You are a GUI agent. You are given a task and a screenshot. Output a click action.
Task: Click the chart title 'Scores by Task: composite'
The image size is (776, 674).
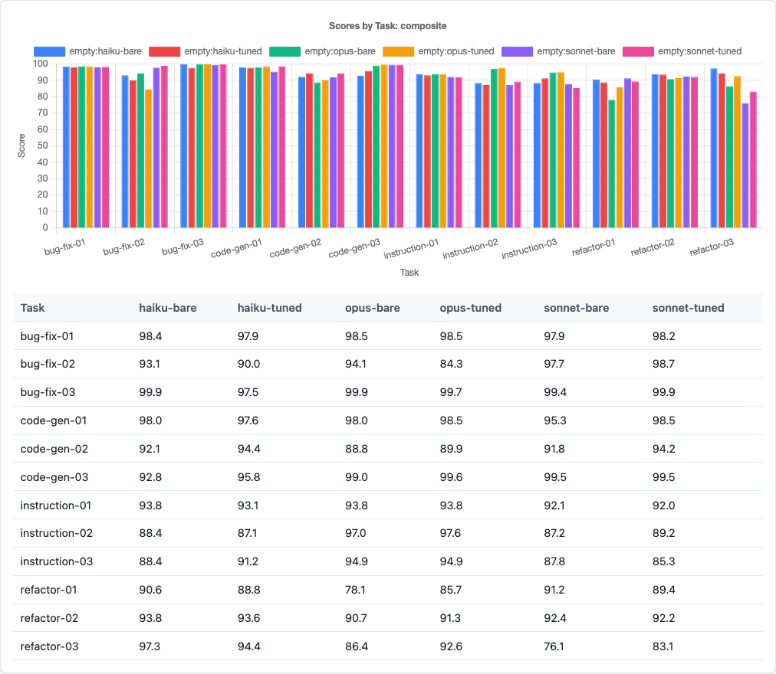pyautogui.click(x=387, y=25)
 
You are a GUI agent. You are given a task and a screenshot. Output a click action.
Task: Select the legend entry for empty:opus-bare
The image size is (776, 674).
pyautogui.click(x=339, y=51)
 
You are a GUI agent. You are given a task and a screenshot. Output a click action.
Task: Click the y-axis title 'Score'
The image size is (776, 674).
pyautogui.click(x=21, y=146)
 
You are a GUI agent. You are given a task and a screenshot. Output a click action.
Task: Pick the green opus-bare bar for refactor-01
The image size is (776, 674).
pyautogui.click(x=611, y=163)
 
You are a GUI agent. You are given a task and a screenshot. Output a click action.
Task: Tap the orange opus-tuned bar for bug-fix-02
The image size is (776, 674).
pyautogui.click(x=148, y=159)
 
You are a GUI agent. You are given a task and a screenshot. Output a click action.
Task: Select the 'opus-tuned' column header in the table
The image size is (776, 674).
pyautogui.click(x=470, y=308)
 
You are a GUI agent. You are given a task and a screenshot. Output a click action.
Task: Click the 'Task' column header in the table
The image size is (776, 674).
pyautogui.click(x=33, y=308)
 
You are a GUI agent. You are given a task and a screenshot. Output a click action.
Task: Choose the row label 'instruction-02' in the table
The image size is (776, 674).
pyautogui.click(x=57, y=533)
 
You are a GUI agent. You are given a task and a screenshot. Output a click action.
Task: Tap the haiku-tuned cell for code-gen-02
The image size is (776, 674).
pyautogui.click(x=249, y=449)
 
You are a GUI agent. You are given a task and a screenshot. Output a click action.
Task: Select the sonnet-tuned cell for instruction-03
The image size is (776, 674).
pyautogui.click(x=664, y=561)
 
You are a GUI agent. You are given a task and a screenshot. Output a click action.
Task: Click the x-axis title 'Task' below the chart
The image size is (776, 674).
pyautogui.click(x=409, y=272)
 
